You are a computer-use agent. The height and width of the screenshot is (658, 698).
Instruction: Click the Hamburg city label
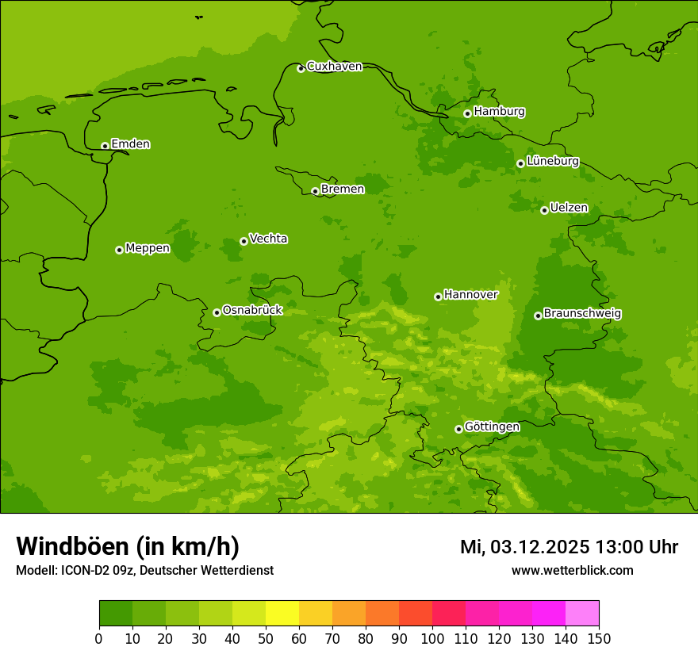(499, 112)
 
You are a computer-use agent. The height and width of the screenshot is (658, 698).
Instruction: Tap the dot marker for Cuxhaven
(301, 68)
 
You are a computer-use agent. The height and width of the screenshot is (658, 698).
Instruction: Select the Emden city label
(130, 144)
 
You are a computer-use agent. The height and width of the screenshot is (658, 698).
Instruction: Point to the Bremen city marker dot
(315, 191)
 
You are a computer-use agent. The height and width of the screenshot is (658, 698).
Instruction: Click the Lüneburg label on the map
(552, 161)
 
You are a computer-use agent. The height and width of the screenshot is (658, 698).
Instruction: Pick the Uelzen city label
(569, 208)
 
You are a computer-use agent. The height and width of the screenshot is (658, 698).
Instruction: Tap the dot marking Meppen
(119, 250)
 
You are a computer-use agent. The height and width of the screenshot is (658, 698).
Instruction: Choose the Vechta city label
(268, 239)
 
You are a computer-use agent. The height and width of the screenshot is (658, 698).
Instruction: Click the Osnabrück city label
(252, 310)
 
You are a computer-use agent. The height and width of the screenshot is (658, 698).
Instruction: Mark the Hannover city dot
(438, 296)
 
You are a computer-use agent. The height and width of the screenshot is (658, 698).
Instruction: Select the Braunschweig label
(582, 314)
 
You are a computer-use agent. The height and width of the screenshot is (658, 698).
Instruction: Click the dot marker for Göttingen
(458, 429)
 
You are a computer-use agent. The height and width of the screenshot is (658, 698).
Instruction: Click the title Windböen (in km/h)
(128, 546)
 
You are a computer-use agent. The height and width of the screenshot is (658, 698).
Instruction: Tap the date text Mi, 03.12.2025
(523, 547)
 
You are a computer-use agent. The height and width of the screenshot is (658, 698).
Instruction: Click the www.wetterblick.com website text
(572, 570)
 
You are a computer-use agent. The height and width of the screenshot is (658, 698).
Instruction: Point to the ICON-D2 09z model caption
(144, 570)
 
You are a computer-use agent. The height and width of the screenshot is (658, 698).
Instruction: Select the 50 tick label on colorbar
(266, 638)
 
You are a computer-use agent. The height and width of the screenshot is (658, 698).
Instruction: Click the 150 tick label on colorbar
(599, 638)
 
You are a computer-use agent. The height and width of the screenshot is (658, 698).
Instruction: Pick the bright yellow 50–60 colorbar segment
(282, 614)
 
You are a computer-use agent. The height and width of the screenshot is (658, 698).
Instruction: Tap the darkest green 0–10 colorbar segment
(116, 614)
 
